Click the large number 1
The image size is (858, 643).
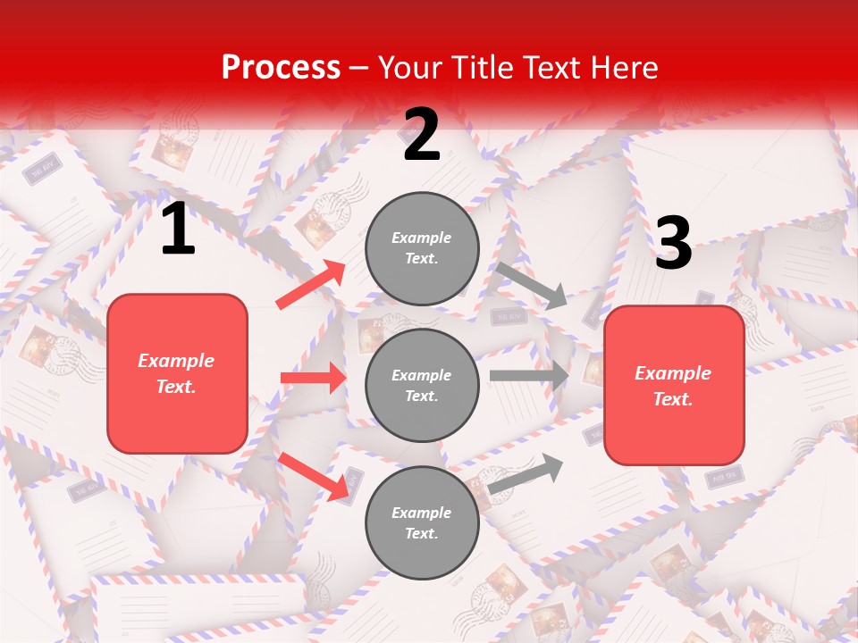click(178, 230)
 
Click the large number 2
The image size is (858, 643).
click(422, 136)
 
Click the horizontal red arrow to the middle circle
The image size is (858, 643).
click(314, 378)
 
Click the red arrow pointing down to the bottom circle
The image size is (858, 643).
click(314, 476)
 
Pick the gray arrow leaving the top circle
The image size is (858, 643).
click(531, 285)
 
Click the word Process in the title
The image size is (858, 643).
click(281, 67)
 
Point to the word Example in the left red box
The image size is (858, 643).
click(176, 361)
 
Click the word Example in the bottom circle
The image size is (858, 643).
click(422, 513)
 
